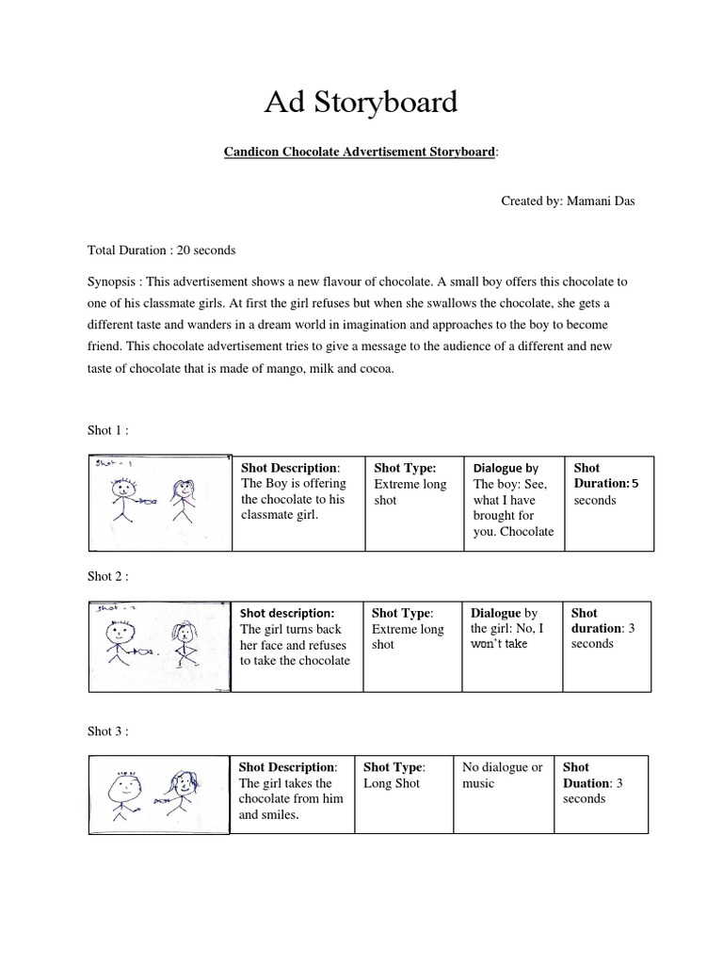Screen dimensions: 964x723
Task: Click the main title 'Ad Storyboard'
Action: coord(361,102)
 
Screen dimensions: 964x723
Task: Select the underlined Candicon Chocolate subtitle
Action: coord(361,152)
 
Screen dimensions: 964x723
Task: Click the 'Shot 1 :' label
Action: coord(108,430)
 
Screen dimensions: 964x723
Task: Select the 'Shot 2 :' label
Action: coord(108,575)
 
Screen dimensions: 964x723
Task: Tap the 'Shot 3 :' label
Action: coord(108,730)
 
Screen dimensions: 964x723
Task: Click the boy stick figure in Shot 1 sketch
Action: coord(122,502)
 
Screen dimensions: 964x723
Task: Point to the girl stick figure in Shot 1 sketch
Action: coord(181,502)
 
